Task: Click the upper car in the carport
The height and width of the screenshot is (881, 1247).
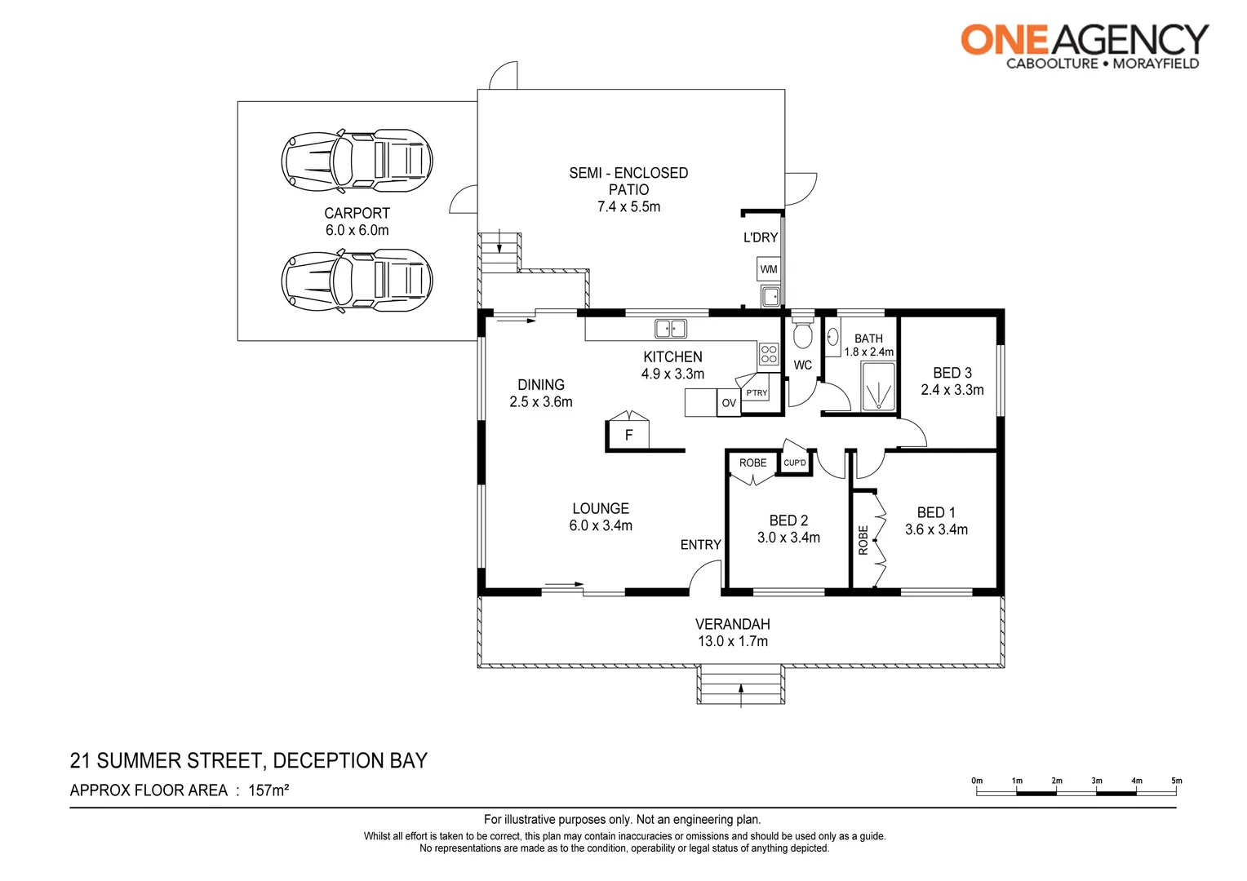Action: (357, 160)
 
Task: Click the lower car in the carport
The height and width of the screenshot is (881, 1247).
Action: (357, 281)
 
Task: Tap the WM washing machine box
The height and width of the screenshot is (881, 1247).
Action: (769, 269)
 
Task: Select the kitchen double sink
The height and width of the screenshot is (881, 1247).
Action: (671, 329)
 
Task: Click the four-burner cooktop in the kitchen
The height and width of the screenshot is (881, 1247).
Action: (769, 354)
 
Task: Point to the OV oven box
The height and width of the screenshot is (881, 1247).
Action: (729, 403)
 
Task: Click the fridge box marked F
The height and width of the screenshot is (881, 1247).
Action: (628, 435)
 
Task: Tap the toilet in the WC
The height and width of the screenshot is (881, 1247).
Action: (803, 334)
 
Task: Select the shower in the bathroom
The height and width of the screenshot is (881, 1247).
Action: (878, 387)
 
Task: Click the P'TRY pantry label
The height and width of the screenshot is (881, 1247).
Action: (757, 393)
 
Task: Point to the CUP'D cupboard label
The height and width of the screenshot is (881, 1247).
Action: (795, 463)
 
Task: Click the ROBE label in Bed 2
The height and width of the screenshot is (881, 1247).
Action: (752, 463)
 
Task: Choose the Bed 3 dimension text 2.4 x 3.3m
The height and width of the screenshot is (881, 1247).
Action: (952, 390)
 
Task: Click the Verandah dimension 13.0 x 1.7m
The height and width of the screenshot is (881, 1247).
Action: (732, 641)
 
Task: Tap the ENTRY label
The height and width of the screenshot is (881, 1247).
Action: (700, 545)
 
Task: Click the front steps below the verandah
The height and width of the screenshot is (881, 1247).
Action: (740, 684)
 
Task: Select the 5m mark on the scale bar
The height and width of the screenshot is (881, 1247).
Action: (1176, 781)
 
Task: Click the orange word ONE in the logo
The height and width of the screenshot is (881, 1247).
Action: (1003, 40)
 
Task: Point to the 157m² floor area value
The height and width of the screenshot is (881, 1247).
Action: (268, 790)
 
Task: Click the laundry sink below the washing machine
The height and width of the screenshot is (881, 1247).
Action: (770, 295)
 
